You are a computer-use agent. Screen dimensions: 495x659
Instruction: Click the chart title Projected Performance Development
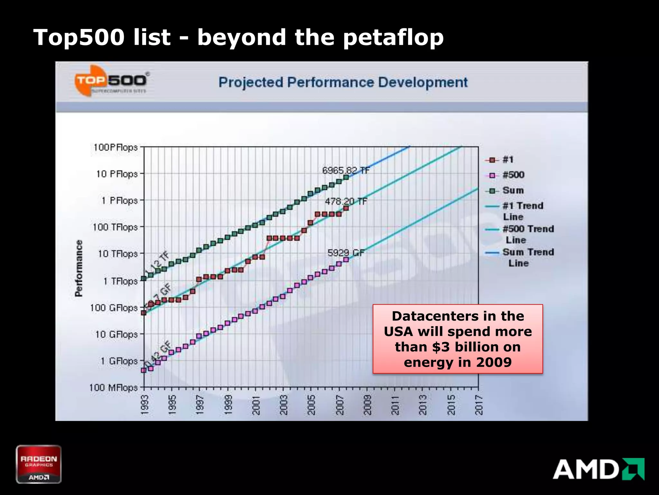point(343,82)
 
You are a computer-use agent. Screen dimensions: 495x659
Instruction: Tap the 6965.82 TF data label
point(346,170)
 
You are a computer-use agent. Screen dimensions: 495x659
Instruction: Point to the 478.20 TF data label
point(346,201)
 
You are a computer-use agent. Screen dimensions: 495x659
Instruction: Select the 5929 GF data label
point(346,253)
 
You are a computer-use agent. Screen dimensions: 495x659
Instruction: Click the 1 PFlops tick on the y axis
point(119,200)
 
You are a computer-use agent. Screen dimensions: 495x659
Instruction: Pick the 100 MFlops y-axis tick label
point(113,387)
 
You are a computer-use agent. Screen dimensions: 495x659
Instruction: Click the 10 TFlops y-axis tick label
point(117,254)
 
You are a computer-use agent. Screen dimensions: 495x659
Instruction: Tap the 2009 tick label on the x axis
point(367,405)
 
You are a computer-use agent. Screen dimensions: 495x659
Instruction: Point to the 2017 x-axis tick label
point(479,405)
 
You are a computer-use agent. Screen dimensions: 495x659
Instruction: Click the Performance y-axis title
point(79,268)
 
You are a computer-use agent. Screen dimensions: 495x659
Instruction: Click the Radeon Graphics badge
point(39,464)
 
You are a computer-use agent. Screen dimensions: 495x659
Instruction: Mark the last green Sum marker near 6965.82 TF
point(346,178)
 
